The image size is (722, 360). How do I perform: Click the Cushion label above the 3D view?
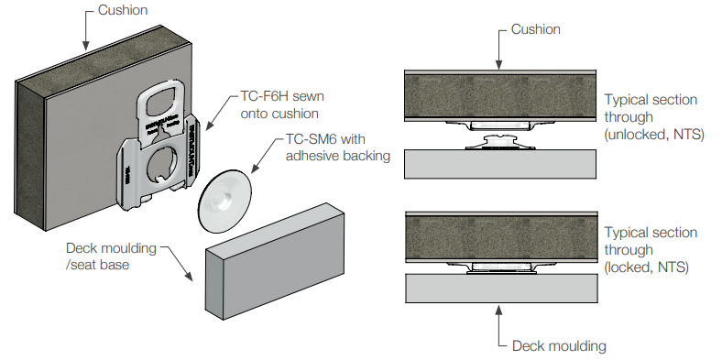(123, 10)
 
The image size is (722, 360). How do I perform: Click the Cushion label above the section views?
(535, 29)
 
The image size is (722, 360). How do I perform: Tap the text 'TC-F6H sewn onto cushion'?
(282, 104)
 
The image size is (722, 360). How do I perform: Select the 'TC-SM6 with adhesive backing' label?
(338, 147)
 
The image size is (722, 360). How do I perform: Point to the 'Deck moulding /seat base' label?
(111, 256)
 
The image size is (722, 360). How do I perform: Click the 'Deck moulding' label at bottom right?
(559, 345)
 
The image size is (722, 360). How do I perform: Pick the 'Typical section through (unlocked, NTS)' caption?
(654, 117)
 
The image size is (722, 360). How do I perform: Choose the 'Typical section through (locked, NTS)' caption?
(651, 250)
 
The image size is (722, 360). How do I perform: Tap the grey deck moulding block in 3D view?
(275, 261)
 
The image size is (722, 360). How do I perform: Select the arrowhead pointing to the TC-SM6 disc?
(255, 169)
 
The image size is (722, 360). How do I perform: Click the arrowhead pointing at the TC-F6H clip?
(208, 126)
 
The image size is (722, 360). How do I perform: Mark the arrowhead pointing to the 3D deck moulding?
(190, 276)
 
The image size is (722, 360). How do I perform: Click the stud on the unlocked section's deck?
(500, 142)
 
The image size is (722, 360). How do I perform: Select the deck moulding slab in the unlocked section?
(500, 164)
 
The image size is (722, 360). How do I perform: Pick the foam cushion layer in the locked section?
(501, 237)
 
